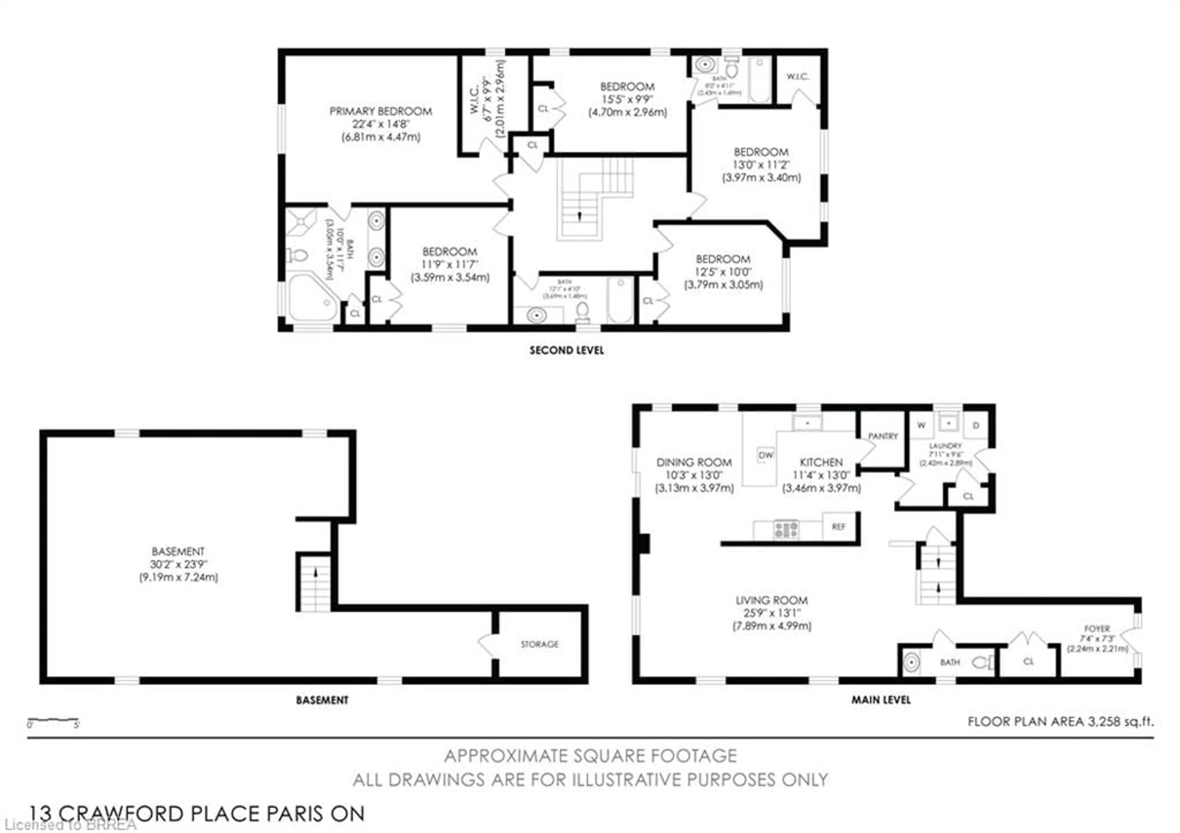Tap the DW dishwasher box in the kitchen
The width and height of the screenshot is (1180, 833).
(x=765, y=455)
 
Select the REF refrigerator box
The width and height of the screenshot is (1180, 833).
(x=838, y=527)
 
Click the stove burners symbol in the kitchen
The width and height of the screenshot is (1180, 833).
(x=786, y=530)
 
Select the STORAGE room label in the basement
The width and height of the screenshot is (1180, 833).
(x=539, y=644)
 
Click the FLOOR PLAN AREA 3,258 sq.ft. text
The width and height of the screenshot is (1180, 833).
(x=1060, y=721)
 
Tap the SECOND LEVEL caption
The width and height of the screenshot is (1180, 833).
(x=566, y=351)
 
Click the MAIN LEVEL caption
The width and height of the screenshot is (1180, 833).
(x=880, y=700)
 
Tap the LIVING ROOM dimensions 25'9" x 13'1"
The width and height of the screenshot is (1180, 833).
(x=771, y=613)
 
